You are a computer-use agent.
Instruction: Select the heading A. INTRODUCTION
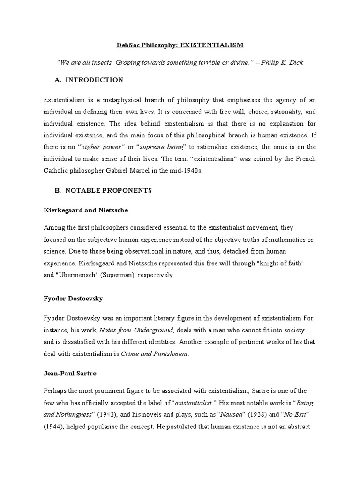pyautogui.click(x=89, y=80)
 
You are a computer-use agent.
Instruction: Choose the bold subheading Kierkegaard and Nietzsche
pyautogui.click(x=86, y=210)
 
